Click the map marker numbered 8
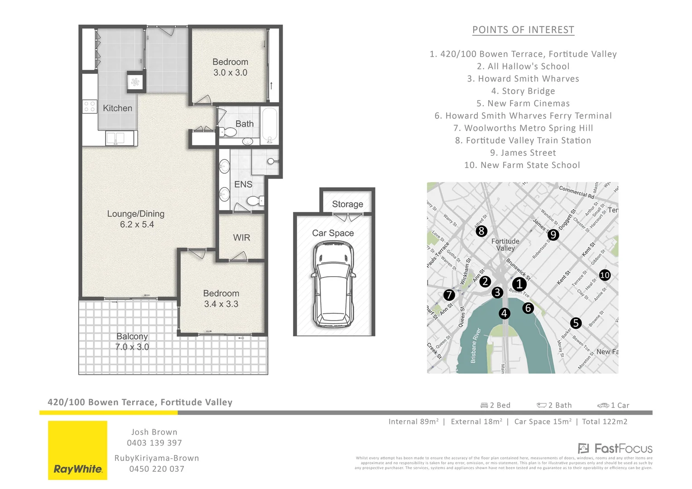(x=481, y=231)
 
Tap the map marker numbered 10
(x=605, y=275)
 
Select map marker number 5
(x=576, y=323)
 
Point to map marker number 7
(x=449, y=295)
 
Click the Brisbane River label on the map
(x=475, y=345)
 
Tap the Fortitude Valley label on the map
(x=505, y=244)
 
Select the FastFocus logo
(x=615, y=449)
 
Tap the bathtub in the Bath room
(x=270, y=125)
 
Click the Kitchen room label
(x=117, y=108)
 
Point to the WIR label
(x=241, y=238)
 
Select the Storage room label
(x=347, y=204)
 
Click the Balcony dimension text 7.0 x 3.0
(x=132, y=347)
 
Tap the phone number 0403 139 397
(x=154, y=443)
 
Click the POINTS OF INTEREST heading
(x=523, y=30)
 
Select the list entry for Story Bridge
(x=523, y=91)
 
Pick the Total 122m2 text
(x=605, y=422)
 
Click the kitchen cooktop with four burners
(x=90, y=106)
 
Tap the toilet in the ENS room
(x=255, y=201)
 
